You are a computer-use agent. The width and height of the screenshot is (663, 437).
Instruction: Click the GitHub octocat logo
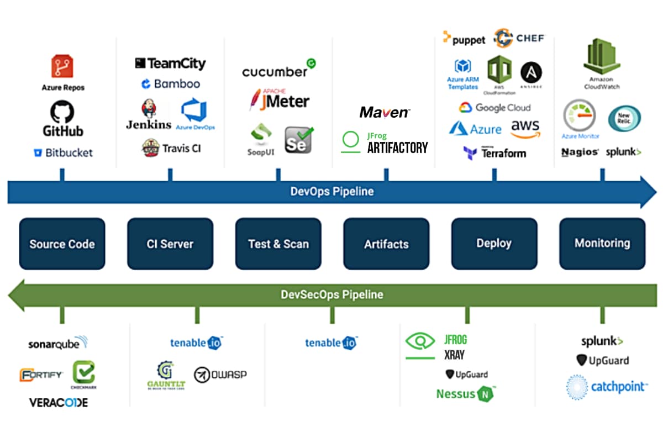click(x=62, y=112)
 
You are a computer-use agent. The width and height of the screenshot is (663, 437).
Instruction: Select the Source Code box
click(x=62, y=244)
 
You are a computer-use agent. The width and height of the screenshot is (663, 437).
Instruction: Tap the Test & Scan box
click(x=278, y=244)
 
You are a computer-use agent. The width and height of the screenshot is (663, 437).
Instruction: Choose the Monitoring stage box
click(x=602, y=243)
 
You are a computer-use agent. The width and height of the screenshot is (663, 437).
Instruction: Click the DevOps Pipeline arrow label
click(x=331, y=192)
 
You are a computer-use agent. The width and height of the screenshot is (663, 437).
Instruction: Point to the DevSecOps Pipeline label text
click(x=331, y=294)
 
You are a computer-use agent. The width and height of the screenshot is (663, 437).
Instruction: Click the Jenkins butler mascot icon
click(x=149, y=109)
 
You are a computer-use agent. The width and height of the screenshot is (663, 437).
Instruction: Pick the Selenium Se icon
click(x=298, y=140)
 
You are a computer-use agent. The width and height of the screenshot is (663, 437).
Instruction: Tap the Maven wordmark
click(x=385, y=113)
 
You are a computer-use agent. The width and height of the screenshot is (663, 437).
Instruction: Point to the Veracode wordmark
click(x=59, y=402)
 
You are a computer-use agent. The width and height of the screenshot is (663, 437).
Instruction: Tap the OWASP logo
click(x=220, y=375)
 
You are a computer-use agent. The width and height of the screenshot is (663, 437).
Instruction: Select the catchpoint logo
click(x=606, y=387)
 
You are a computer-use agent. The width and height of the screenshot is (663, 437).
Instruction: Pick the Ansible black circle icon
click(x=531, y=72)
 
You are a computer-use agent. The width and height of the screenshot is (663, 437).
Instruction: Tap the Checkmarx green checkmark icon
click(x=83, y=372)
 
